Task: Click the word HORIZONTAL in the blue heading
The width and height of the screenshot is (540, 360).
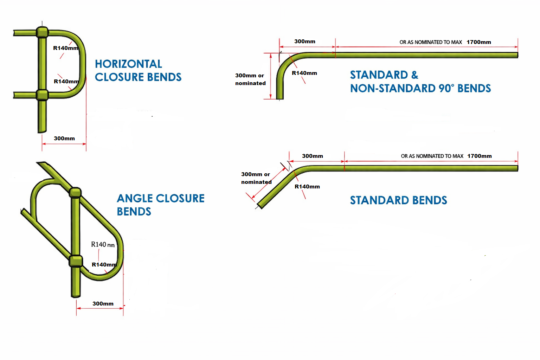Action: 128,64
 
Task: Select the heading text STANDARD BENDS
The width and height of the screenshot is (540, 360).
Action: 398,200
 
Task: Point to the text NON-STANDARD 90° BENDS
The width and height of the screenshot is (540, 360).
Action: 420,88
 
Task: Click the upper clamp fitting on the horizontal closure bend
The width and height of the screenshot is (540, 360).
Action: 42,32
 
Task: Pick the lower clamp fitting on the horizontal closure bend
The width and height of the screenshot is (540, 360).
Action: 42,95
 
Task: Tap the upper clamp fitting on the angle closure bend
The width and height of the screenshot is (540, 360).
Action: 75,193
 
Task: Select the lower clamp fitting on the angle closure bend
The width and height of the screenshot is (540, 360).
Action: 76,261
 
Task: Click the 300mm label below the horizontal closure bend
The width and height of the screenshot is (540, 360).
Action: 64,139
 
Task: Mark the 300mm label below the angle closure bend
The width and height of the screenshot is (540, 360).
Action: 103,304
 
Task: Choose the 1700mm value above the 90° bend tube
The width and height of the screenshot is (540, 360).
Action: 479,42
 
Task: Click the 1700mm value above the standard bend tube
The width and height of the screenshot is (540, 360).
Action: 480,156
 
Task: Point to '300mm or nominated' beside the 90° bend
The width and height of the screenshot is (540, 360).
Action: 250,79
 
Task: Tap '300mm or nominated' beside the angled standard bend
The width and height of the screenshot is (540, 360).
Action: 256,178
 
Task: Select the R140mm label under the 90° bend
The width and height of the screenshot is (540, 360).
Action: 304,73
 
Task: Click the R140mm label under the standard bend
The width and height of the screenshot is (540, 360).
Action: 307,187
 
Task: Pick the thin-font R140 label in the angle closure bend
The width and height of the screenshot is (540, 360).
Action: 103,245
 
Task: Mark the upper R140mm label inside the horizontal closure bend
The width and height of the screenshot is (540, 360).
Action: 66,48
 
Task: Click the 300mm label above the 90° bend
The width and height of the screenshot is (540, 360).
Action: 305,41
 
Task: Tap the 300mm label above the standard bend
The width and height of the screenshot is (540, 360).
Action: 313,156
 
